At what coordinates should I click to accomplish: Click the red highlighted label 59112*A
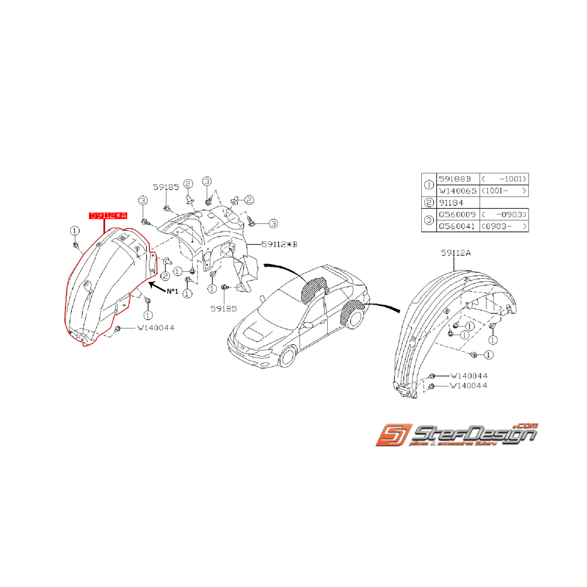(108, 216)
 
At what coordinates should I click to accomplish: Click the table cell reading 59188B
(455, 178)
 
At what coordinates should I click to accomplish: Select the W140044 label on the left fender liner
(155, 328)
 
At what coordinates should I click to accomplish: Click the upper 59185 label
(165, 187)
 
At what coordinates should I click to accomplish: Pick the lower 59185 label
(225, 309)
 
